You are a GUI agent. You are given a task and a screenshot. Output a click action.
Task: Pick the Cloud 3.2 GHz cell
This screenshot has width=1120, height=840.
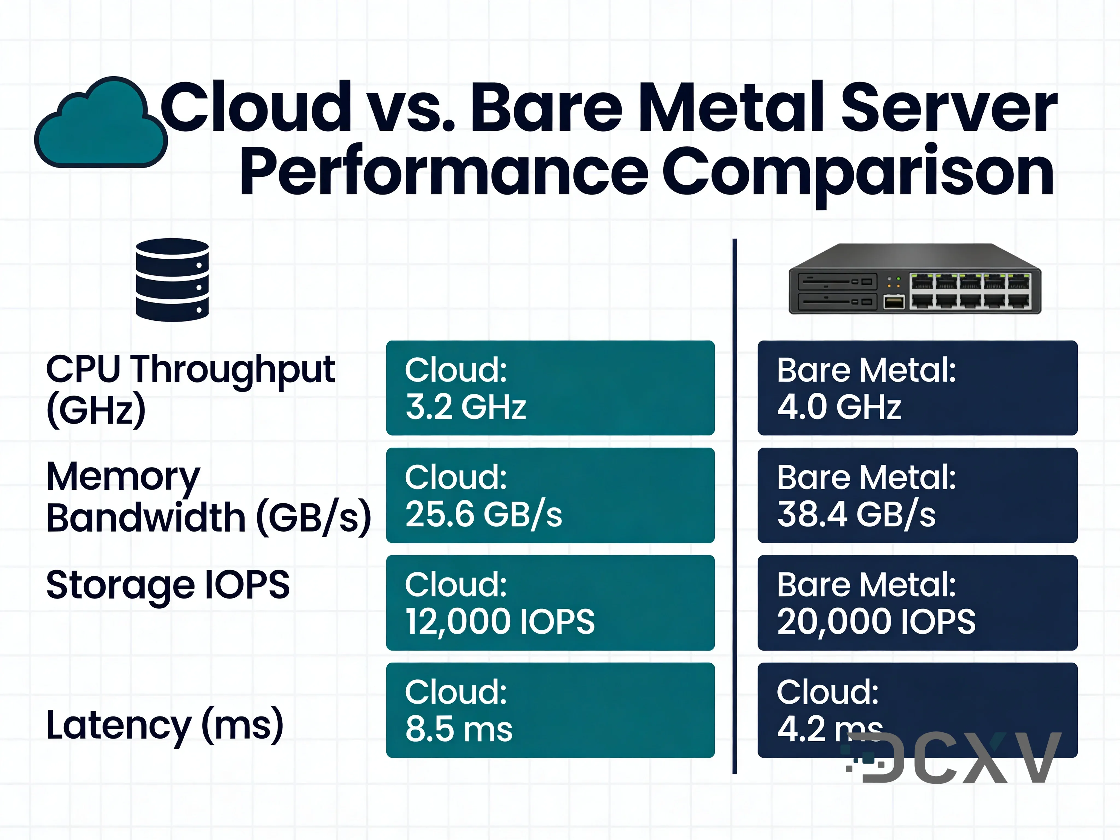[x=550, y=388]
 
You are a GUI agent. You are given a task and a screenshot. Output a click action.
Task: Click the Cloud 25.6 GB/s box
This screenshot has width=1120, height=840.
[x=550, y=495]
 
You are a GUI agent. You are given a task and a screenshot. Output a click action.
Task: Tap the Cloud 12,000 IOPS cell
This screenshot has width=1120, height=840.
[x=550, y=603]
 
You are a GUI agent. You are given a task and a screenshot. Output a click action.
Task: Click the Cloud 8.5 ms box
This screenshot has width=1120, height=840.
[x=550, y=710]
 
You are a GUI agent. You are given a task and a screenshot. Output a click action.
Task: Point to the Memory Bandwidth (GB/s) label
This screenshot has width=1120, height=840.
[x=208, y=497]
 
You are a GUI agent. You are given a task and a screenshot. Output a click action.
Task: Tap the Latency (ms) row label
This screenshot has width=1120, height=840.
[x=165, y=725]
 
